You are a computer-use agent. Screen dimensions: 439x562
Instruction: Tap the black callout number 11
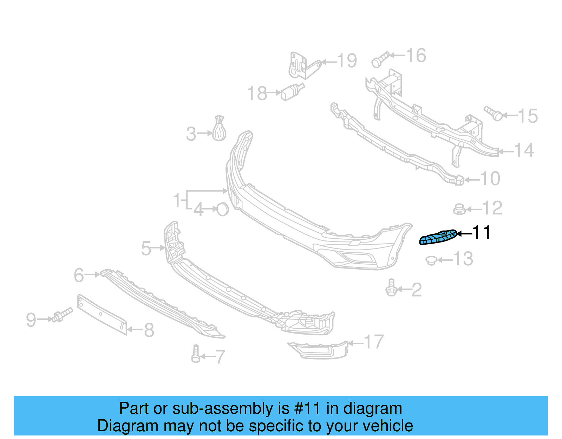[x=482, y=233]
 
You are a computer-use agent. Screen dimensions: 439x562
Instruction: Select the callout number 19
[x=347, y=61]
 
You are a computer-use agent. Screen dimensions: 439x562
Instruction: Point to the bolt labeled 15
[x=494, y=113]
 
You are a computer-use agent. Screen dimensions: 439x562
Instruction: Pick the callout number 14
[x=524, y=150]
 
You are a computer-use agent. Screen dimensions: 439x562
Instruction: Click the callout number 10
[x=490, y=179]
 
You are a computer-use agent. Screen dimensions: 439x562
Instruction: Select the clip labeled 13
[x=431, y=260]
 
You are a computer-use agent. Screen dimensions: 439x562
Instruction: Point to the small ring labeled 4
[x=223, y=209]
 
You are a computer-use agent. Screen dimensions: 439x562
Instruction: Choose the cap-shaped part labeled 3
[x=219, y=129]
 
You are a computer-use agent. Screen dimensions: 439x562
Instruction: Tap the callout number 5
[x=146, y=248]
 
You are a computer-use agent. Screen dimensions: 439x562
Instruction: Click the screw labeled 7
[x=196, y=354]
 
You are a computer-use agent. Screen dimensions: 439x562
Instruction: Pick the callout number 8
[x=149, y=330]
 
